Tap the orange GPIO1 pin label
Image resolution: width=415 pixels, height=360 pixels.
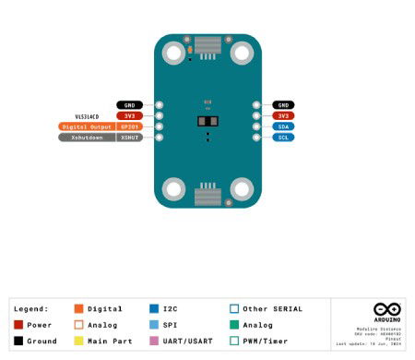pos(130,126)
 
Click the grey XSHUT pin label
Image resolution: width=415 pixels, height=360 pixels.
pos(130,138)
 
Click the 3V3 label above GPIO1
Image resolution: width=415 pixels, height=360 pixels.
pos(130,115)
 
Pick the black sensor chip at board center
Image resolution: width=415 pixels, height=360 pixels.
pos(207,122)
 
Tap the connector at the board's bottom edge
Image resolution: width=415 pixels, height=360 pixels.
pos(207,195)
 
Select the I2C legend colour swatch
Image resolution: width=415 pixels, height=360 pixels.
pos(154,308)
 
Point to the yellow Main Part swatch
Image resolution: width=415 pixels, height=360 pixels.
pos(79,342)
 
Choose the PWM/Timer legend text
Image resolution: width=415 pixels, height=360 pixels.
pos(267,342)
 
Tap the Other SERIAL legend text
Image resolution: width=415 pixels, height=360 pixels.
pos(273,308)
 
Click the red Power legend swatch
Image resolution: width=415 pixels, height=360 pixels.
pos(19,325)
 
